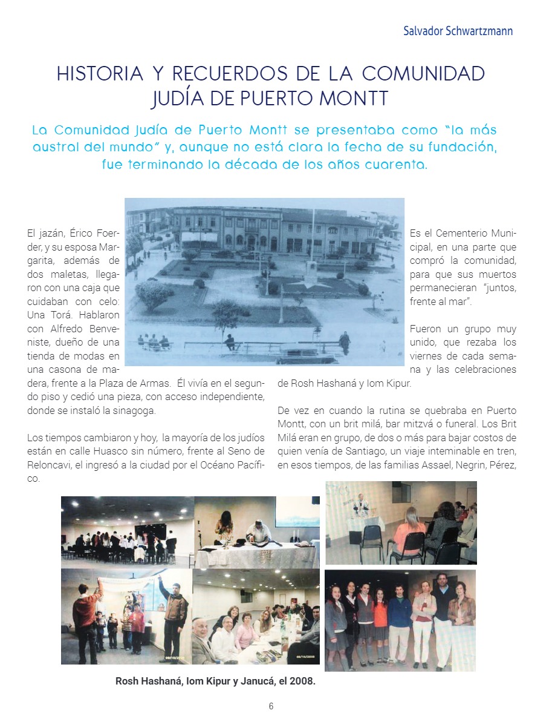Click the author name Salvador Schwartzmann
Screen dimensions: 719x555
click(458, 31)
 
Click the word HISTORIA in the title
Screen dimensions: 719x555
click(100, 74)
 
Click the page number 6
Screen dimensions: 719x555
click(271, 706)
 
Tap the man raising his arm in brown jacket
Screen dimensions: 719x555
click(175, 611)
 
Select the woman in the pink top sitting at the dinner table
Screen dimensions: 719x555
click(246, 633)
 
